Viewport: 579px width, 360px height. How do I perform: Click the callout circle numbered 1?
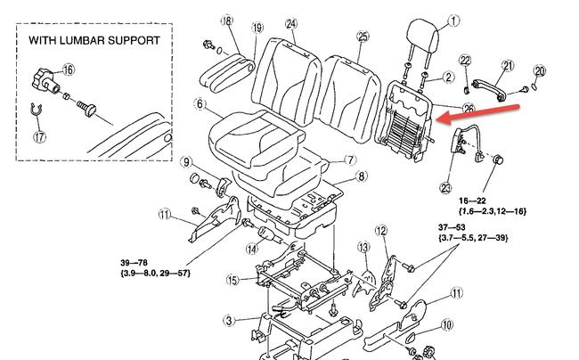click(453, 20)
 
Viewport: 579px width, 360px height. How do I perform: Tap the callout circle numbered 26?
click(469, 109)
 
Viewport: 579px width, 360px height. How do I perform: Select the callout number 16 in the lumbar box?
click(69, 69)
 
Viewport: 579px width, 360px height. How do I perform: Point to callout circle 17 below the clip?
click(38, 137)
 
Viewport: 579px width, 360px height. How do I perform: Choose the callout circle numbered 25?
click(362, 37)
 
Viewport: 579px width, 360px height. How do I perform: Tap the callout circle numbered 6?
click(201, 103)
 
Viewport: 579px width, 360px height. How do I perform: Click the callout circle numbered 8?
click(361, 177)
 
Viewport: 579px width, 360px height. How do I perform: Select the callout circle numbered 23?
click(446, 187)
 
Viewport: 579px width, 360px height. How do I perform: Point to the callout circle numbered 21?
click(508, 65)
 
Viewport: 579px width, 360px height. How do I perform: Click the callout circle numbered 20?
click(539, 70)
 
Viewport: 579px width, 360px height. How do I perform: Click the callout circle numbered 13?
click(363, 247)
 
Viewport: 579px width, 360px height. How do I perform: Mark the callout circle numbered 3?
click(229, 320)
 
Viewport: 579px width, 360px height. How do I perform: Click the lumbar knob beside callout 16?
click(45, 82)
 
